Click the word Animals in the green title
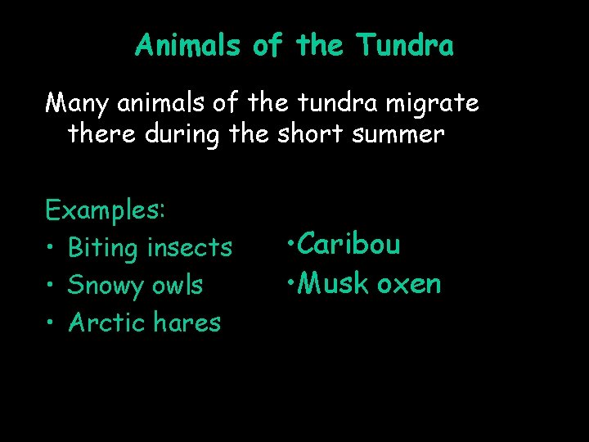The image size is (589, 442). coord(187,45)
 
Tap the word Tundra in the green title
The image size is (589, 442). coord(404,45)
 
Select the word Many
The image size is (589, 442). coord(77,105)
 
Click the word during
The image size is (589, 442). coord(182,133)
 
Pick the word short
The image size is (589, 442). coord(311,133)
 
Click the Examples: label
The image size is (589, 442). coord(106,210)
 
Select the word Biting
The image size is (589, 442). coord(103,246)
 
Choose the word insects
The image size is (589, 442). coord(189,246)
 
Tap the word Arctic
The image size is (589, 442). coord(102,322)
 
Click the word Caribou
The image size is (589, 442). coord(348,244)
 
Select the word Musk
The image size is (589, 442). coord(333,283)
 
